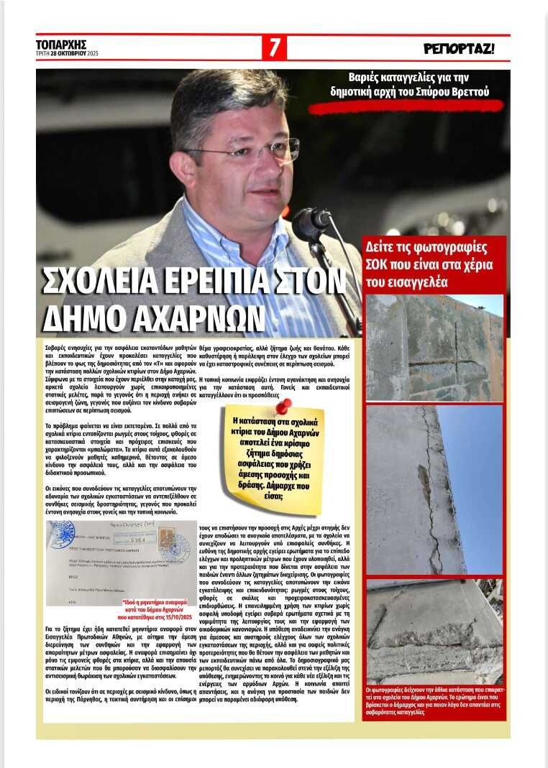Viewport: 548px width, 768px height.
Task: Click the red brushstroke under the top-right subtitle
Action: click(x=406, y=106)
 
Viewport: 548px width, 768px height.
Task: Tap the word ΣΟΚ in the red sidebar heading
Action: click(x=381, y=265)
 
